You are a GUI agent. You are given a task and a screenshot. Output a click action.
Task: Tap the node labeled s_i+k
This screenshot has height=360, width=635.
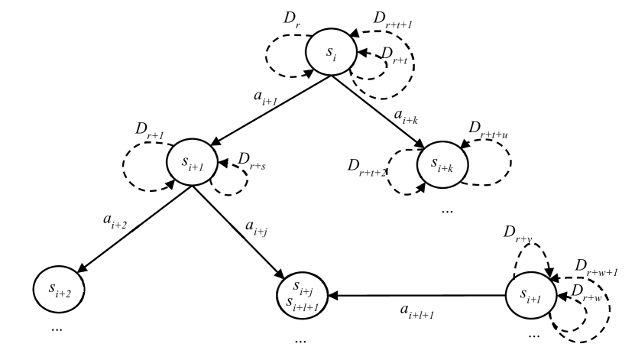[442, 163]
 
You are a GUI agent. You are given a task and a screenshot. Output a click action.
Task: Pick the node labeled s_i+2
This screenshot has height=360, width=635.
[58, 288]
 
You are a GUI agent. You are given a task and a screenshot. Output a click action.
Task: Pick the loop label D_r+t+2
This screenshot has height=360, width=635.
[368, 167]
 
